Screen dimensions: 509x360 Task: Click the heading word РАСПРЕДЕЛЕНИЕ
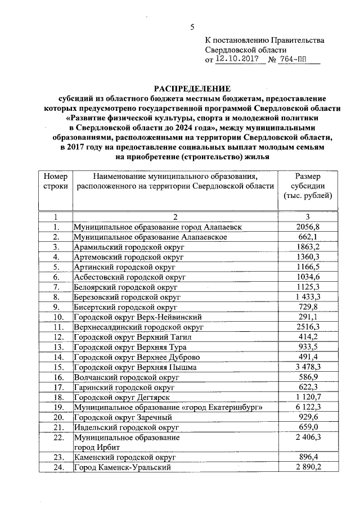(192, 89)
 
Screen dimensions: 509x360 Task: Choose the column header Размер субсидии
(307, 186)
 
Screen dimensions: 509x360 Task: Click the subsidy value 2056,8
(307, 227)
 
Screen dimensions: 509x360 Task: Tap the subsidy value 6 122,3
(307, 407)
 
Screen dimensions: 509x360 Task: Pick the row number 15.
(56, 367)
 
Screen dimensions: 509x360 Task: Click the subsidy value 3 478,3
(307, 367)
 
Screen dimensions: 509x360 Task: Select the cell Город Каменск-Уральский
(122, 467)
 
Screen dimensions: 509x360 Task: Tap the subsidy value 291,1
(307, 317)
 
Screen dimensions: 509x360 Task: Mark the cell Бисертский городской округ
(125, 307)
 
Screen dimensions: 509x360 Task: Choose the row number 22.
(56, 437)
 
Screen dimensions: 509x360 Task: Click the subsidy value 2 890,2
(307, 467)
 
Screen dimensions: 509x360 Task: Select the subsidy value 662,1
(307, 237)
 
